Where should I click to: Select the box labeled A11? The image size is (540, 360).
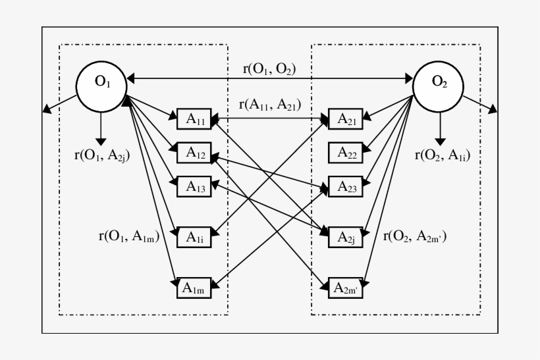194,119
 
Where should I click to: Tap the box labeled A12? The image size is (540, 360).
194,153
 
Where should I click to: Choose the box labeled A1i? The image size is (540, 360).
194,236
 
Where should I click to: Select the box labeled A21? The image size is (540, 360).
346,119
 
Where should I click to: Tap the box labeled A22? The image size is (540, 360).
346,153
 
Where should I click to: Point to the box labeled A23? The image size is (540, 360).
346,187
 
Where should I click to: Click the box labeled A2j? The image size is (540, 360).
346,236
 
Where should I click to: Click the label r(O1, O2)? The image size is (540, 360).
269,68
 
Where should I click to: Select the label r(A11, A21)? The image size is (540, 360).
269,103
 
